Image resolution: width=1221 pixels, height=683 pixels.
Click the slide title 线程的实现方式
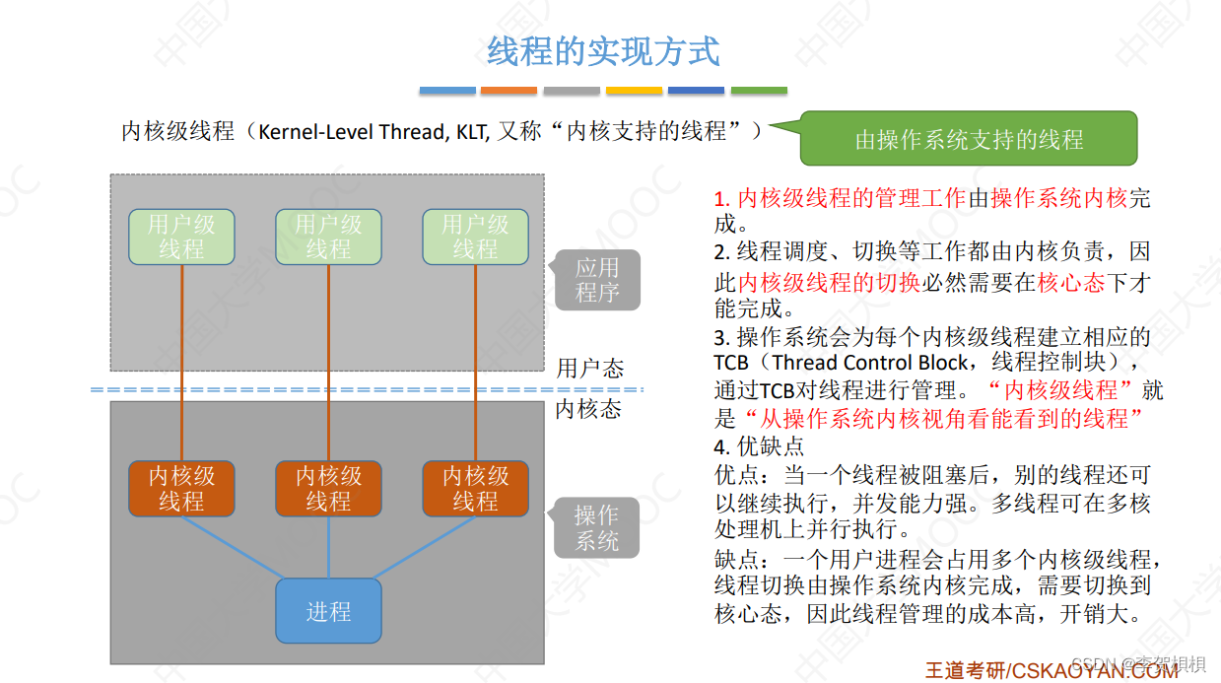tap(603, 51)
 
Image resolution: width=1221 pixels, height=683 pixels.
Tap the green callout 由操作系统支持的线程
tap(968, 139)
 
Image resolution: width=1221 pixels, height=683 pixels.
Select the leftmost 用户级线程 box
tap(181, 238)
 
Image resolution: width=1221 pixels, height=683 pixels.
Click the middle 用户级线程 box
tap(328, 238)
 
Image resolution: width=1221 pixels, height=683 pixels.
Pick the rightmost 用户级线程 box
tap(475, 238)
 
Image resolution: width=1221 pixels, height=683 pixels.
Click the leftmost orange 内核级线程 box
tap(181, 489)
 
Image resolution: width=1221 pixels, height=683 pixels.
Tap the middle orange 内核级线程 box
tap(328, 489)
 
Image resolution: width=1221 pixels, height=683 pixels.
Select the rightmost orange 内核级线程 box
tap(475, 489)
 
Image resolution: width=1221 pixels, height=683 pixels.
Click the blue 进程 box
tap(328, 611)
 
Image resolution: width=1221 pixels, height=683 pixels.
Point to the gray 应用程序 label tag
tap(597, 280)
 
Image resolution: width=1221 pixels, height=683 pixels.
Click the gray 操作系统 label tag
tap(597, 527)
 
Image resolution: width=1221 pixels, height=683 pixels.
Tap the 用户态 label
tap(590, 369)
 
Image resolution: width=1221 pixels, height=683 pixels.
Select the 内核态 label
tap(589, 408)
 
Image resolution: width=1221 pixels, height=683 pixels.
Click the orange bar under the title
tap(509, 91)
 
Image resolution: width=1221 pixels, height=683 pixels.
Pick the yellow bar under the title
tap(634, 91)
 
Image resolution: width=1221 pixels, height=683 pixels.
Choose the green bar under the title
tap(759, 91)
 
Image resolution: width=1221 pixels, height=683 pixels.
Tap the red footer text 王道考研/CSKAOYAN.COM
tap(1051, 670)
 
